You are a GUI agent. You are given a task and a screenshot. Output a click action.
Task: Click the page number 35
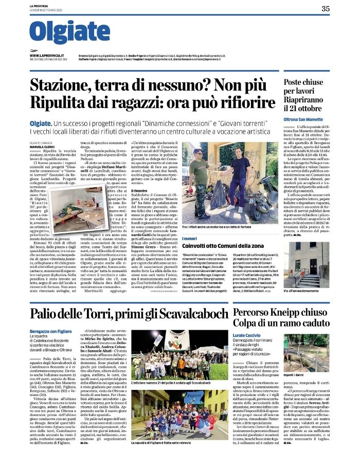[340, 8]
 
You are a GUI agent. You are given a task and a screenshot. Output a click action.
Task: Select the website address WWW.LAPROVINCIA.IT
[49, 55]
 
